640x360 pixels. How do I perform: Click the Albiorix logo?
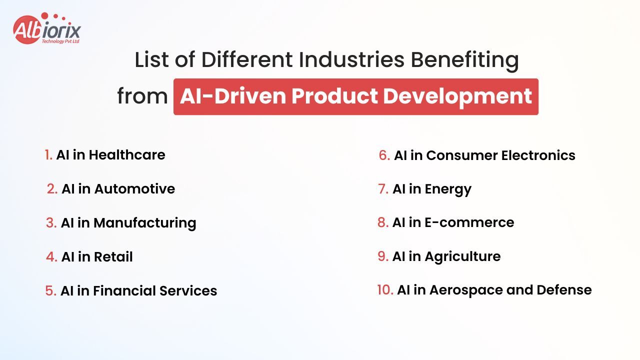(47, 28)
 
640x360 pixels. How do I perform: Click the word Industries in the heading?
(351, 59)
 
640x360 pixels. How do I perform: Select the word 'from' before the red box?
(142, 96)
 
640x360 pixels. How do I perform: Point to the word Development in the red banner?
(457, 97)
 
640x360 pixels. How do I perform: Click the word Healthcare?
(127, 155)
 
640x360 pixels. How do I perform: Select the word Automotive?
(134, 189)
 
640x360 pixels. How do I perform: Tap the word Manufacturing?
(145, 223)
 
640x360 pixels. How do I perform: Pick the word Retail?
(113, 256)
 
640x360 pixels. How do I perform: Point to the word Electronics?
(538, 155)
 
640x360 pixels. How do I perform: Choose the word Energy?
(448, 189)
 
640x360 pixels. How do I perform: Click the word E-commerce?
(469, 222)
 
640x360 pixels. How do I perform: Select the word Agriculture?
(463, 257)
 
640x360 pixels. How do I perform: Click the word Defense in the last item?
(564, 290)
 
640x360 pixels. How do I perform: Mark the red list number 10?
(385, 290)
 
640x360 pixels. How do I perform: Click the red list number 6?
(384, 155)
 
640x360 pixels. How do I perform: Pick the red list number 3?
(51, 223)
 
